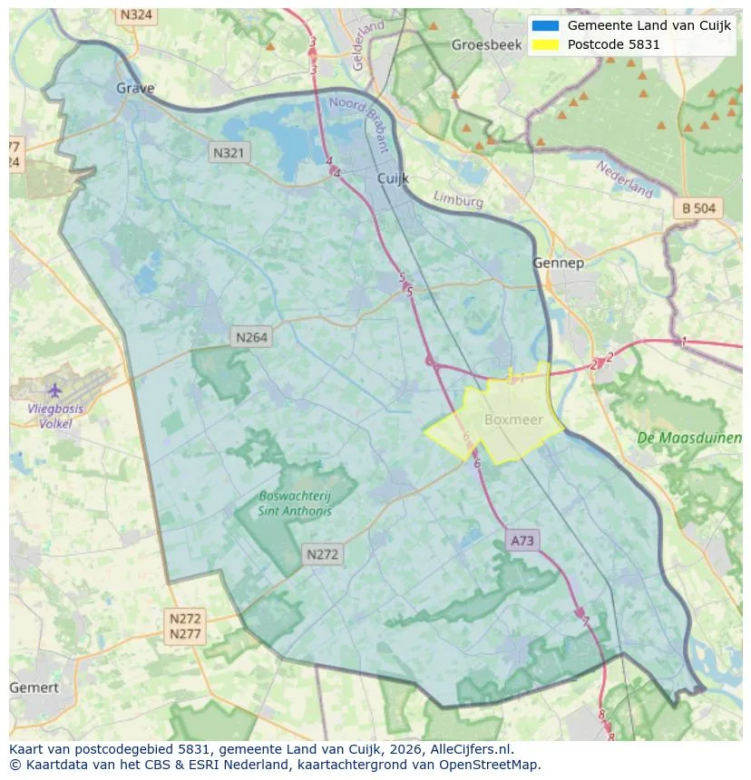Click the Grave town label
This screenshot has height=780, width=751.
tap(135, 88)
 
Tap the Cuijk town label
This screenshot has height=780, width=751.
tap(394, 179)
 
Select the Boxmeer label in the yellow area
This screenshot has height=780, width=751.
tap(512, 419)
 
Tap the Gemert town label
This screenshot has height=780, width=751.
tap(34, 688)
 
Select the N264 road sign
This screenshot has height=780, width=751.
tap(251, 337)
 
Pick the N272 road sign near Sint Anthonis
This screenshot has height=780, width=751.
tap(323, 554)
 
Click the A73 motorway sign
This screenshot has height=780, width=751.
tap(522, 541)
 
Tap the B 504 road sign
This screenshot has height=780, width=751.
tap(698, 208)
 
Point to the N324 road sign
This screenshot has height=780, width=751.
tap(136, 15)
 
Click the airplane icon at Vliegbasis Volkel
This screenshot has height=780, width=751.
tap(54, 390)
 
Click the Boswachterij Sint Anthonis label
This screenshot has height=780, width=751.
tap(295, 503)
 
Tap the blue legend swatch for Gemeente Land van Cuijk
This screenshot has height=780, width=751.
tap(545, 25)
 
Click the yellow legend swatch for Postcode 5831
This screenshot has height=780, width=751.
tap(545, 44)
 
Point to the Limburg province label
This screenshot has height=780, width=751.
tap(458, 199)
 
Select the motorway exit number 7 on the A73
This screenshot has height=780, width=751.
tap(586, 621)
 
